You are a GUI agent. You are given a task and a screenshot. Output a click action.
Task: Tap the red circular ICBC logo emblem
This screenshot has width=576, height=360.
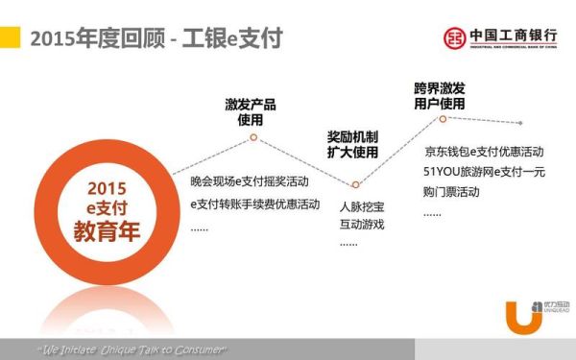(x=455, y=36)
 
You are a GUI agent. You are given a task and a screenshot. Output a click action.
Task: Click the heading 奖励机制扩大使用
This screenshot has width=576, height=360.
(x=352, y=145)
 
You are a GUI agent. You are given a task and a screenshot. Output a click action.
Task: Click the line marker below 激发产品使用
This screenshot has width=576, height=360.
(x=253, y=137)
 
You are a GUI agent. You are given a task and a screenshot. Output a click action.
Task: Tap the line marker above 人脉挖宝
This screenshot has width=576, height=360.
(x=355, y=184)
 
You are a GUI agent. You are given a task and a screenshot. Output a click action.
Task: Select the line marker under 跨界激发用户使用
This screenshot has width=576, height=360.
(x=443, y=119)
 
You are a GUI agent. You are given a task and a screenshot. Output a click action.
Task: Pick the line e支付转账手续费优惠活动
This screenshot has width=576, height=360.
(x=254, y=204)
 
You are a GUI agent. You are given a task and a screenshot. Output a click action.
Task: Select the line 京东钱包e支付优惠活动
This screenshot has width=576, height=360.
(x=484, y=153)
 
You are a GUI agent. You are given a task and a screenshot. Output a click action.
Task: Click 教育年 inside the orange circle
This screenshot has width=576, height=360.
(x=107, y=230)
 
